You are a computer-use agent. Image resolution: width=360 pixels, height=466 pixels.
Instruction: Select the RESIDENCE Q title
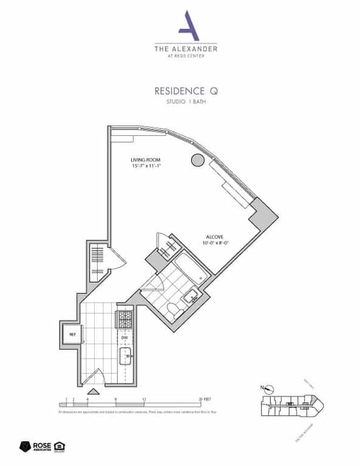click(x=186, y=92)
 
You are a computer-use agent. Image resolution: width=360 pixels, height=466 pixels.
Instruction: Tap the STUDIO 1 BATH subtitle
click(x=186, y=103)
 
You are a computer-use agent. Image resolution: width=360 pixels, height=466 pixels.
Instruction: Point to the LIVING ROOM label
click(x=144, y=160)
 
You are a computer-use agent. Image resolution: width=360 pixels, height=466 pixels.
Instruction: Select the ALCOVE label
click(x=212, y=238)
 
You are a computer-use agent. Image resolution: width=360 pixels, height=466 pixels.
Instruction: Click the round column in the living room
click(x=197, y=160)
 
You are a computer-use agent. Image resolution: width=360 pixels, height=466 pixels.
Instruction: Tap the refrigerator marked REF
click(x=71, y=334)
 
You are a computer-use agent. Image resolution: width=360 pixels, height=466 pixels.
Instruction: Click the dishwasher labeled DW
click(x=125, y=337)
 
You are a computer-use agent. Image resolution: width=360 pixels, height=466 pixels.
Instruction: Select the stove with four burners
click(x=125, y=318)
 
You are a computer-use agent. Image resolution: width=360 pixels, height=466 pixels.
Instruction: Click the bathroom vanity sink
click(x=191, y=297)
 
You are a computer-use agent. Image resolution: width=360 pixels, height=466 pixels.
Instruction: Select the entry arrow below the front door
click(x=92, y=394)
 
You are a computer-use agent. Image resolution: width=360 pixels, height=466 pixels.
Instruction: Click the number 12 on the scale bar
click(x=144, y=400)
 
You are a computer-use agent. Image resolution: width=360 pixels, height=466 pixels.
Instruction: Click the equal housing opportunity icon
click(x=60, y=447)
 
